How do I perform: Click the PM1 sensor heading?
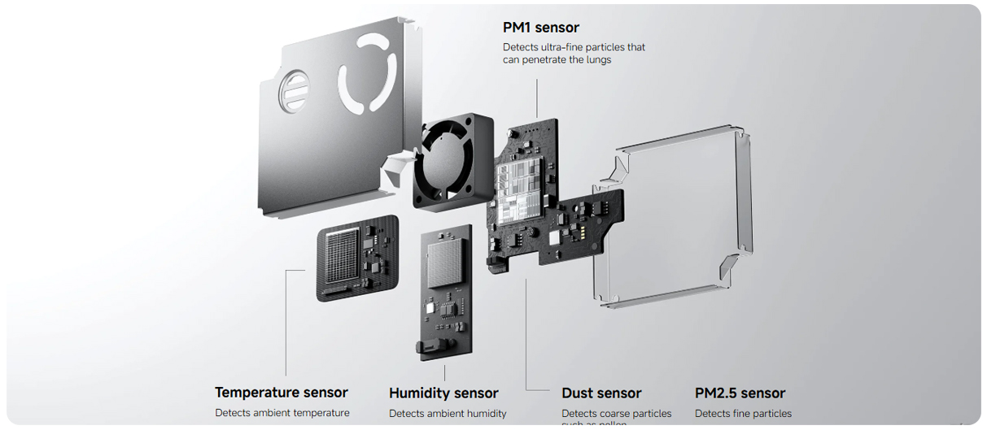point(541,28)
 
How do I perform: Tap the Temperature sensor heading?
point(281,393)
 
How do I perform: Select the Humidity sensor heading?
point(443,393)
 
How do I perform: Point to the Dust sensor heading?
point(601,393)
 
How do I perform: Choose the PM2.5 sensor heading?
point(740,393)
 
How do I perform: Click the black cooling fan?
point(452,162)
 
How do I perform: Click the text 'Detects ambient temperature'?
point(282,413)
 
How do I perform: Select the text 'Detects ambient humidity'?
point(448,414)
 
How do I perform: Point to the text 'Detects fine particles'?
point(743,414)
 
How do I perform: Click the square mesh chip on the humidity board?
point(446,261)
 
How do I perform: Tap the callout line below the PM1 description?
point(538,93)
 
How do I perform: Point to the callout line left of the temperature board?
point(287,325)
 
